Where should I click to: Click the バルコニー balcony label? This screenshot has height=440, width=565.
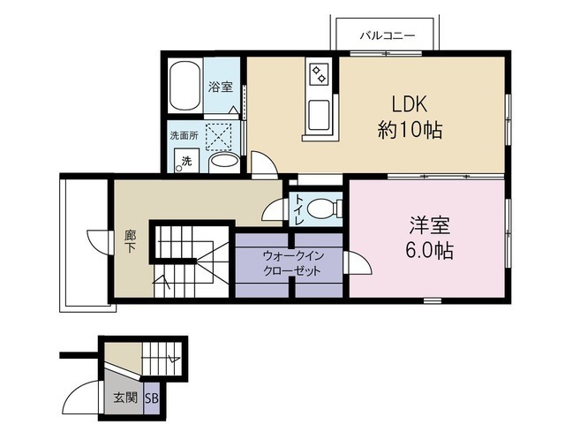388,35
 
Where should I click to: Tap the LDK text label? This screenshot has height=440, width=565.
410,104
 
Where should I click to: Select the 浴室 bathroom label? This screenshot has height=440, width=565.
221,87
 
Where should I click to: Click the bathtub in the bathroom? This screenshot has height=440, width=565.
185,87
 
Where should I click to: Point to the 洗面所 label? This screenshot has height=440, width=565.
185,136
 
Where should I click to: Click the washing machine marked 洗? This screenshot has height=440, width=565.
186,160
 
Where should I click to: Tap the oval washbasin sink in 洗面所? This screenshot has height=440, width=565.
224,161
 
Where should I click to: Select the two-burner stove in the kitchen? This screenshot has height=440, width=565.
319,74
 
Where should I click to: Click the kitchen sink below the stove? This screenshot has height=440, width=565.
320,115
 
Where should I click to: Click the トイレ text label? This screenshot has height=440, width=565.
299,209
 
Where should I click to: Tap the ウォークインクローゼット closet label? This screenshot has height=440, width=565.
292,263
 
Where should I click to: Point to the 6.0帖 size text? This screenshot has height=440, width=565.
429,250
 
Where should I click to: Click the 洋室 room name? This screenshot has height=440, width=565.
430,225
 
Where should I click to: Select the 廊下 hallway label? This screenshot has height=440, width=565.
130,241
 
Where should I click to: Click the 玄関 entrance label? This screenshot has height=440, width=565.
125,398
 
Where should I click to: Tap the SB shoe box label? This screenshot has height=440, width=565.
152,398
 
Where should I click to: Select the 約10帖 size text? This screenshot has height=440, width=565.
410,129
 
